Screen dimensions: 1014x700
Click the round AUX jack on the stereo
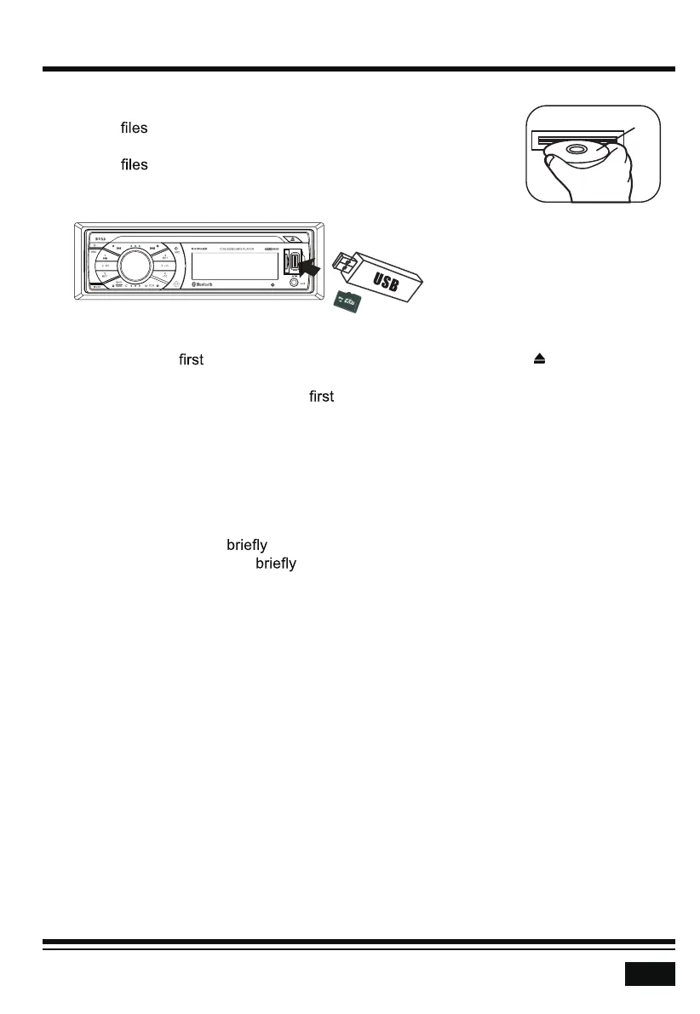295,283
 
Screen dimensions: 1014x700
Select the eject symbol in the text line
538,360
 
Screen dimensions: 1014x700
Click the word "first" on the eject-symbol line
191,360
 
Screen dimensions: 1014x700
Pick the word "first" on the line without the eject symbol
320,397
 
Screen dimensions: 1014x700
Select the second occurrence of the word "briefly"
276,564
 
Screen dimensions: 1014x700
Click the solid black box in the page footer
650,973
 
